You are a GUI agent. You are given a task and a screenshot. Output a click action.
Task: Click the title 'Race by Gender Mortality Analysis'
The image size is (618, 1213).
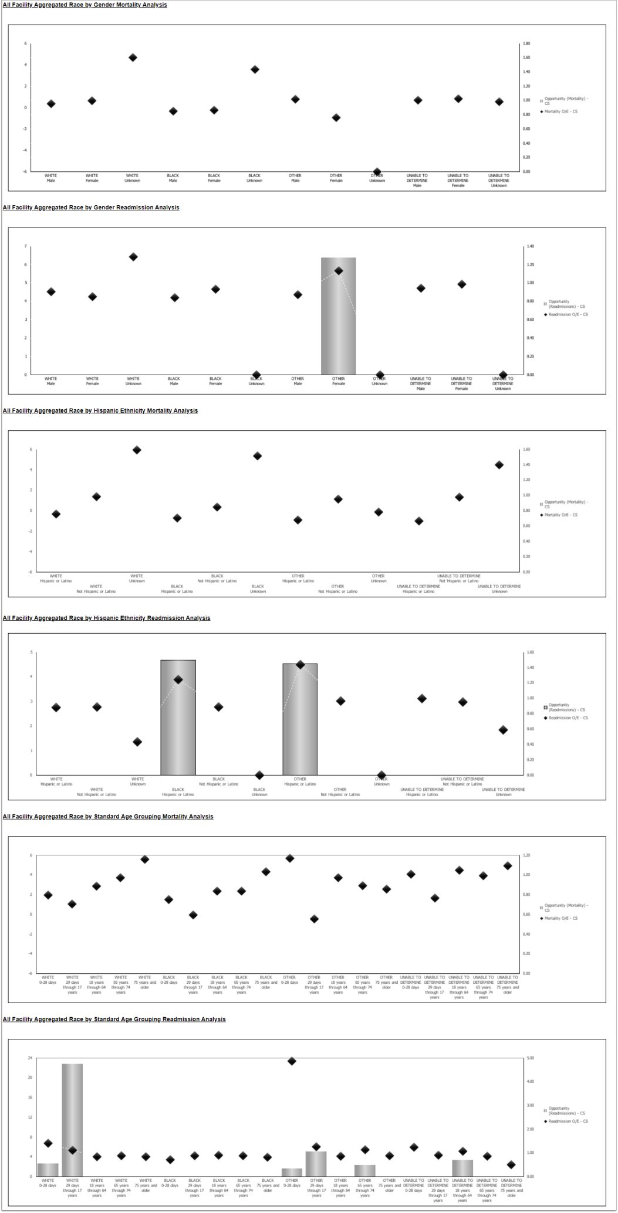click(85, 5)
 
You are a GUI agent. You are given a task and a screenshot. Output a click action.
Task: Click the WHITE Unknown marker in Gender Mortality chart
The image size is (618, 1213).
click(133, 57)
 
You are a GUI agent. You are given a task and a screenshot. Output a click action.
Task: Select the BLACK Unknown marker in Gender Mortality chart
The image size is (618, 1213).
click(255, 69)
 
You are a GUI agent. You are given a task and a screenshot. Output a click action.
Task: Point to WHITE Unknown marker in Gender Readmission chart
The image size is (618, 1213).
click(133, 257)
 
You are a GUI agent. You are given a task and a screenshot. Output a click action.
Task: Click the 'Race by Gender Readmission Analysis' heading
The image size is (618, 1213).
click(91, 208)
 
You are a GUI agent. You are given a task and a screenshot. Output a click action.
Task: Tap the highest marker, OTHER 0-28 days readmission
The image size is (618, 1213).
click(292, 1061)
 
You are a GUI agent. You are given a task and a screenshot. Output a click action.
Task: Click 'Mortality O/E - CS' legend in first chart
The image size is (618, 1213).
click(560, 111)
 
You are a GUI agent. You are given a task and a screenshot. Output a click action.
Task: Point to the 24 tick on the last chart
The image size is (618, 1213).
click(30, 1058)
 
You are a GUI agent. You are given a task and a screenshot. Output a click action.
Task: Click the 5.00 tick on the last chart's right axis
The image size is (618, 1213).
click(530, 1058)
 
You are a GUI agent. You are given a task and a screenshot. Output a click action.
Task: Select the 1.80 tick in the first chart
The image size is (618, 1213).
click(526, 43)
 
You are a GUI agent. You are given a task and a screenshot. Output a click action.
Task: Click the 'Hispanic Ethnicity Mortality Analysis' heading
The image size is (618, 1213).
click(100, 410)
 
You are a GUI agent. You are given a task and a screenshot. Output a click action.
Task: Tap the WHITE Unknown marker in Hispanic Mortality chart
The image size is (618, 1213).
click(137, 450)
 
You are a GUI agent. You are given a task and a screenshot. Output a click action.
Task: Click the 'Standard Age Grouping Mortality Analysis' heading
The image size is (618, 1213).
click(108, 816)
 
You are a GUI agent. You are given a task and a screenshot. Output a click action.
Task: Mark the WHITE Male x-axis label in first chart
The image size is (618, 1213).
click(51, 178)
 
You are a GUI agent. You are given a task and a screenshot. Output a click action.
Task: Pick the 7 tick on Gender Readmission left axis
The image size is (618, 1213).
click(25, 246)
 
